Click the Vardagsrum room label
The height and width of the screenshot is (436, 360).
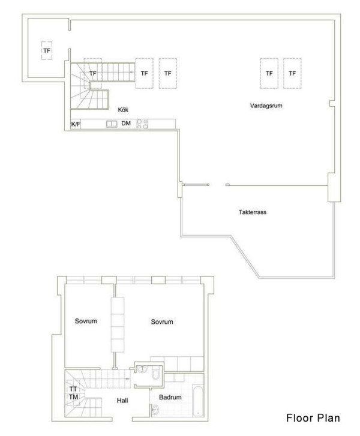coord(266,106)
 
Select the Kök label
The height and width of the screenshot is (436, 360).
coord(124,109)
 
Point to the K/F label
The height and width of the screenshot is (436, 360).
coord(76,124)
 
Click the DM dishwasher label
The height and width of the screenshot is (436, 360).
coord(126,124)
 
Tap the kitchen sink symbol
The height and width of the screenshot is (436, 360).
coord(111,124)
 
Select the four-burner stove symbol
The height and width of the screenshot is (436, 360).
coord(143,124)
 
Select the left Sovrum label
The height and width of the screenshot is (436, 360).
coord(86,321)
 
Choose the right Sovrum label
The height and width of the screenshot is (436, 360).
coord(162,322)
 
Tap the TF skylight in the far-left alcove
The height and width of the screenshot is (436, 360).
coord(46,51)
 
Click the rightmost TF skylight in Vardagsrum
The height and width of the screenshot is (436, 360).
coord(292,73)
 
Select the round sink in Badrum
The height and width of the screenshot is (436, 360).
coord(155,410)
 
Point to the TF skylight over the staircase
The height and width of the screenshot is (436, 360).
coord(92,73)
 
